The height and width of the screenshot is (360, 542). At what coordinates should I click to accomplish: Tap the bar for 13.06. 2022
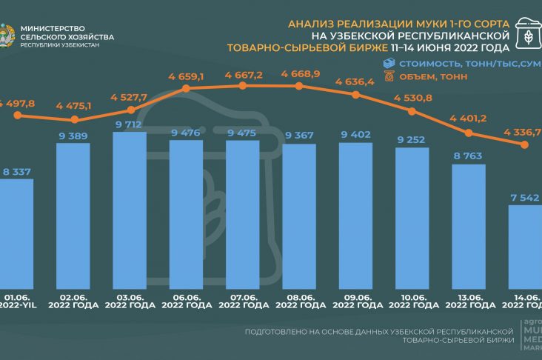click(x=468, y=223)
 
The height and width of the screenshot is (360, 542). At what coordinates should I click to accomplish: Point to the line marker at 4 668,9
click(x=298, y=87)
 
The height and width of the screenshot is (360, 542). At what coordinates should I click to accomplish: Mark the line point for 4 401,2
click(x=468, y=133)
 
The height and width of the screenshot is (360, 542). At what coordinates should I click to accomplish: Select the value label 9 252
click(x=411, y=139)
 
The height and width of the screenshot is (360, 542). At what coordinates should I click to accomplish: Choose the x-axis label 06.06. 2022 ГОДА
click(x=186, y=301)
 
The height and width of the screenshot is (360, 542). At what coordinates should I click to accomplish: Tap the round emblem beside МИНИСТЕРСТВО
click(x=7, y=35)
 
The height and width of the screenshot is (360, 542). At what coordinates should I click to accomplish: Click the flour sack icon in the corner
click(x=528, y=35)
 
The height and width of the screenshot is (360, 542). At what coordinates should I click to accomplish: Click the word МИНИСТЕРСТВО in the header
click(x=57, y=27)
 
